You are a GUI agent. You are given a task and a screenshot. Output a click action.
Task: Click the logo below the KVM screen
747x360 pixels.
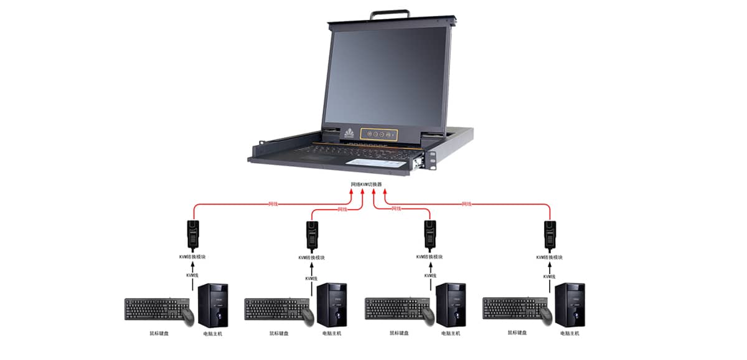click(349, 133)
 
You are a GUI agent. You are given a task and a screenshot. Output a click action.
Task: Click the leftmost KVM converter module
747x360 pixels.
click(194, 234)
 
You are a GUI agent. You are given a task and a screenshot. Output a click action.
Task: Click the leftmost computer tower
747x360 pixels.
click(212, 305)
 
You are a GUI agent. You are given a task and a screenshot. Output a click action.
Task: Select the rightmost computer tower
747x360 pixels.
click(570, 305)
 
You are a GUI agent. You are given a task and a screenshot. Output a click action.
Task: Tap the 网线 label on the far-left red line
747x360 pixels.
click(273, 204)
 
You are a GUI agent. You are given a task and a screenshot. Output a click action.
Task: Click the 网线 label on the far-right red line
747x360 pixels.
click(466, 204)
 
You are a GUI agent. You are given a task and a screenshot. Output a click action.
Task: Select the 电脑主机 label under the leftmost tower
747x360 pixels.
click(212, 334)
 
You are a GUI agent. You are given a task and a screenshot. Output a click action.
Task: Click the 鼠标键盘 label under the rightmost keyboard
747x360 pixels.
click(518, 333)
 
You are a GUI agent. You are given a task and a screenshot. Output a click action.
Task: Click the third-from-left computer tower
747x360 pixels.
click(451, 305)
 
